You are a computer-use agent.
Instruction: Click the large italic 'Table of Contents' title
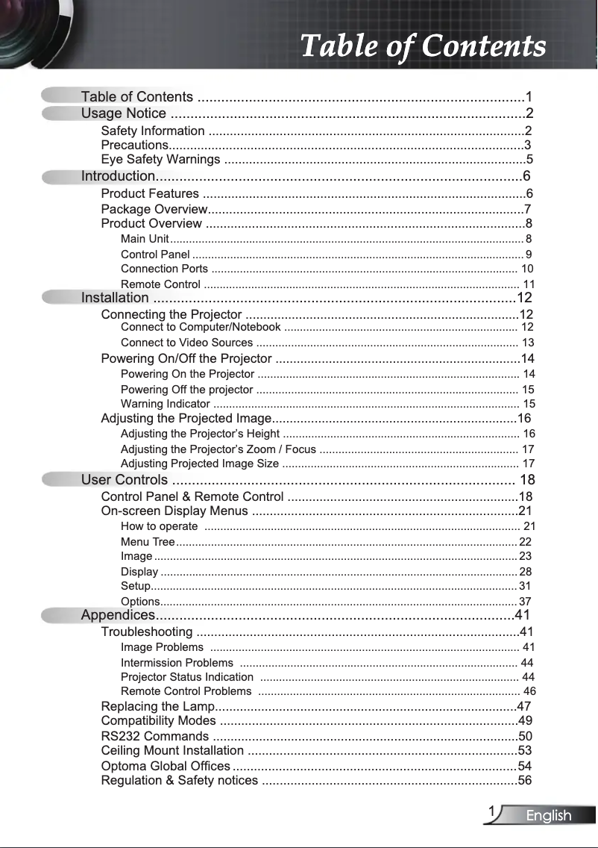[x=423, y=46]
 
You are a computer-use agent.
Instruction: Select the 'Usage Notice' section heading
[x=124, y=113]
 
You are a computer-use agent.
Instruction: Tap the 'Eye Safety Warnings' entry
[x=160, y=160]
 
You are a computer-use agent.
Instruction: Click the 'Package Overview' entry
[x=154, y=209]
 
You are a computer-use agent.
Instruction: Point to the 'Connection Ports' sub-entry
[x=164, y=269]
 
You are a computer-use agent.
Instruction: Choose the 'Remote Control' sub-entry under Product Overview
[x=160, y=284]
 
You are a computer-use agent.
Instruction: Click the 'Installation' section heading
[x=115, y=299]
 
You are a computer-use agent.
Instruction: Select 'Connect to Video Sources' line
[x=186, y=343]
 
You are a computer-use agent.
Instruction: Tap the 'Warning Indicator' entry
[x=165, y=404]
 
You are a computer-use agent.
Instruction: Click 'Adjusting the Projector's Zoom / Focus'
[x=218, y=449]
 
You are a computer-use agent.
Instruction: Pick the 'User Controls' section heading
[x=125, y=480]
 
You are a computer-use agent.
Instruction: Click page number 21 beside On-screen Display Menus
[x=525, y=511]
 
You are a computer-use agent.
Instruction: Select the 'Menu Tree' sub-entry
[x=148, y=542]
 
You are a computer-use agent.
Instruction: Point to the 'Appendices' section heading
[x=118, y=615]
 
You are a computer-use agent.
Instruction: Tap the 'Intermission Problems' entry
[x=177, y=663]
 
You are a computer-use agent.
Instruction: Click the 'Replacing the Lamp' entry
[x=157, y=707]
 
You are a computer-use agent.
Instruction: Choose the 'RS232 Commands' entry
[x=154, y=737]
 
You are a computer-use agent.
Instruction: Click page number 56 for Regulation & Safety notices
[x=525, y=781]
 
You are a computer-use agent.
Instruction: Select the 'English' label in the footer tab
[x=549, y=816]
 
